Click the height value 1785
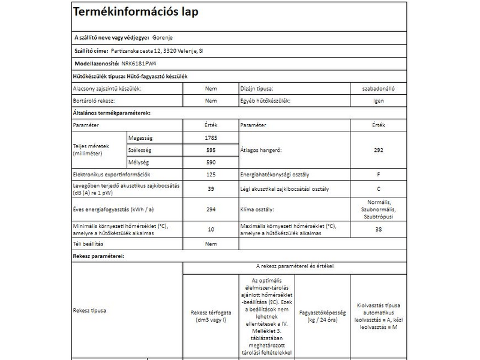pyautogui.click(x=211, y=138)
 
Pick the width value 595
pyautogui.click(x=211, y=149)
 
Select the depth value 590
pyautogui.click(x=211, y=162)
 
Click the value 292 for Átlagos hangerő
pyautogui.click(x=378, y=150)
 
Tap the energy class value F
pyautogui.click(x=378, y=175)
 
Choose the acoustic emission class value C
pyautogui.click(x=378, y=190)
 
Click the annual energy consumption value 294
pyautogui.click(x=211, y=210)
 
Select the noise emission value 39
pyautogui.click(x=211, y=190)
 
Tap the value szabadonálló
pyautogui.click(x=378, y=89)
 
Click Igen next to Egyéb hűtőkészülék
pyautogui.click(x=378, y=101)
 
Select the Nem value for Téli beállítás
pyautogui.click(x=211, y=244)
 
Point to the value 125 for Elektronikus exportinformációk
pyautogui.click(x=211, y=175)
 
